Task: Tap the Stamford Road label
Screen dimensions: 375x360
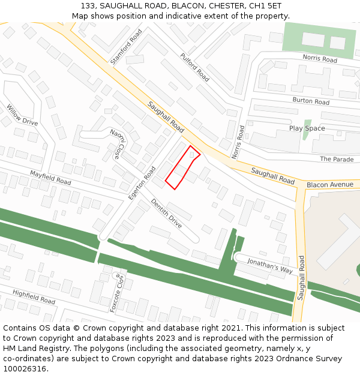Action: click(x=125, y=46)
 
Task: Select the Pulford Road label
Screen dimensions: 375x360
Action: click(x=194, y=67)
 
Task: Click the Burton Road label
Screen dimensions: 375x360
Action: click(x=311, y=101)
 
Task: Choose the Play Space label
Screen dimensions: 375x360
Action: click(x=307, y=128)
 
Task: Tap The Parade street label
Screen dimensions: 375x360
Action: click(x=337, y=159)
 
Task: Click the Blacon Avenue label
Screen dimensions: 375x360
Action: click(x=330, y=185)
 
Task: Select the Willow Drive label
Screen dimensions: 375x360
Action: click(x=22, y=115)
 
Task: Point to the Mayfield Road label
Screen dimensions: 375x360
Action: click(x=50, y=177)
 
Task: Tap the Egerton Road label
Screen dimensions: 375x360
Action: click(x=142, y=183)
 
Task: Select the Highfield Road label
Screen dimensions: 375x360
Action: click(x=34, y=296)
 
